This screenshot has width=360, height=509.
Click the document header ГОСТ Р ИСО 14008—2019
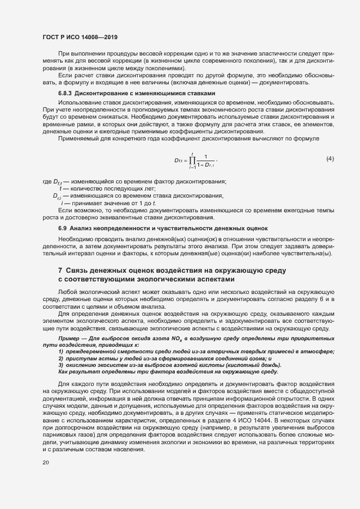click(80, 37)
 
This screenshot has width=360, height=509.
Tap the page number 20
click(46, 463)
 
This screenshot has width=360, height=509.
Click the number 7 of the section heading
click(60, 271)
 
